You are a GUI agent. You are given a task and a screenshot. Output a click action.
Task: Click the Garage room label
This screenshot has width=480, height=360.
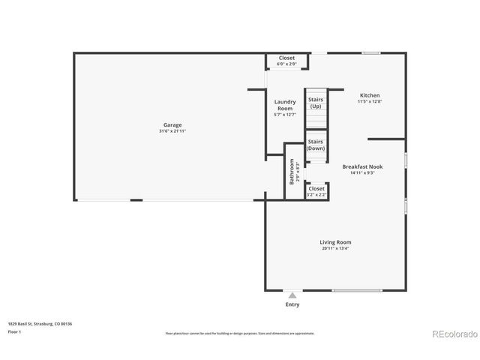point(172,125)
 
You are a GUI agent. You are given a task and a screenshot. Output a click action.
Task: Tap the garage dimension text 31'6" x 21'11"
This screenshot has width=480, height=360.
point(172,131)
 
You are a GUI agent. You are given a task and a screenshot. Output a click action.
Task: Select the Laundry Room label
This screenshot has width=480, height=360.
point(284,105)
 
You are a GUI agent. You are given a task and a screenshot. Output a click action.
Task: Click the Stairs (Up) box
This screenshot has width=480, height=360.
point(316,103)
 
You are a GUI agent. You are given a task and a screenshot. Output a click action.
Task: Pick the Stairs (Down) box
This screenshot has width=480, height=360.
point(316,145)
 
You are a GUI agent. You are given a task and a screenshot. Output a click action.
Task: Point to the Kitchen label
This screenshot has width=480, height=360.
point(370,95)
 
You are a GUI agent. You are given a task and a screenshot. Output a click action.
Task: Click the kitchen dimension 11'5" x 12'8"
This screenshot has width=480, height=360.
point(370,101)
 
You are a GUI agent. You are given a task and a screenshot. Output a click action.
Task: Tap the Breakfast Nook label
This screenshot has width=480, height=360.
point(362,166)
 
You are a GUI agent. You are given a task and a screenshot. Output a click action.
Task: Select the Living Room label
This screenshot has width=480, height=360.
point(335,242)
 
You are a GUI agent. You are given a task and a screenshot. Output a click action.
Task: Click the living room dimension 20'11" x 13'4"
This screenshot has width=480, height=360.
point(335,248)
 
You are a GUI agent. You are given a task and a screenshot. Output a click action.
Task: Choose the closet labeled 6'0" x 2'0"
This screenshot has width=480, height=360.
point(286,61)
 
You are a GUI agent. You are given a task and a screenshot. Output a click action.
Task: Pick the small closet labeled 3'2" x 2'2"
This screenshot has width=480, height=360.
point(316,192)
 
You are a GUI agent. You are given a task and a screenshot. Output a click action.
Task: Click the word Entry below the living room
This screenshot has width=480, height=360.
point(292,304)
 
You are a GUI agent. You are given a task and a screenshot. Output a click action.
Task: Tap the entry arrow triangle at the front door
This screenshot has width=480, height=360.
point(292,294)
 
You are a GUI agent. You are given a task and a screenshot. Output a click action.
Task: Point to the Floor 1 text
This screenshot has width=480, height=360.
point(15,331)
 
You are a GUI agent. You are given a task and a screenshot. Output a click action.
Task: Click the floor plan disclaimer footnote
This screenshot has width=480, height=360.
point(240,333)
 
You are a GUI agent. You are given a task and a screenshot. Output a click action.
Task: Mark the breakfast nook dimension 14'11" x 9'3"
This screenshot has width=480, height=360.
point(362,172)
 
